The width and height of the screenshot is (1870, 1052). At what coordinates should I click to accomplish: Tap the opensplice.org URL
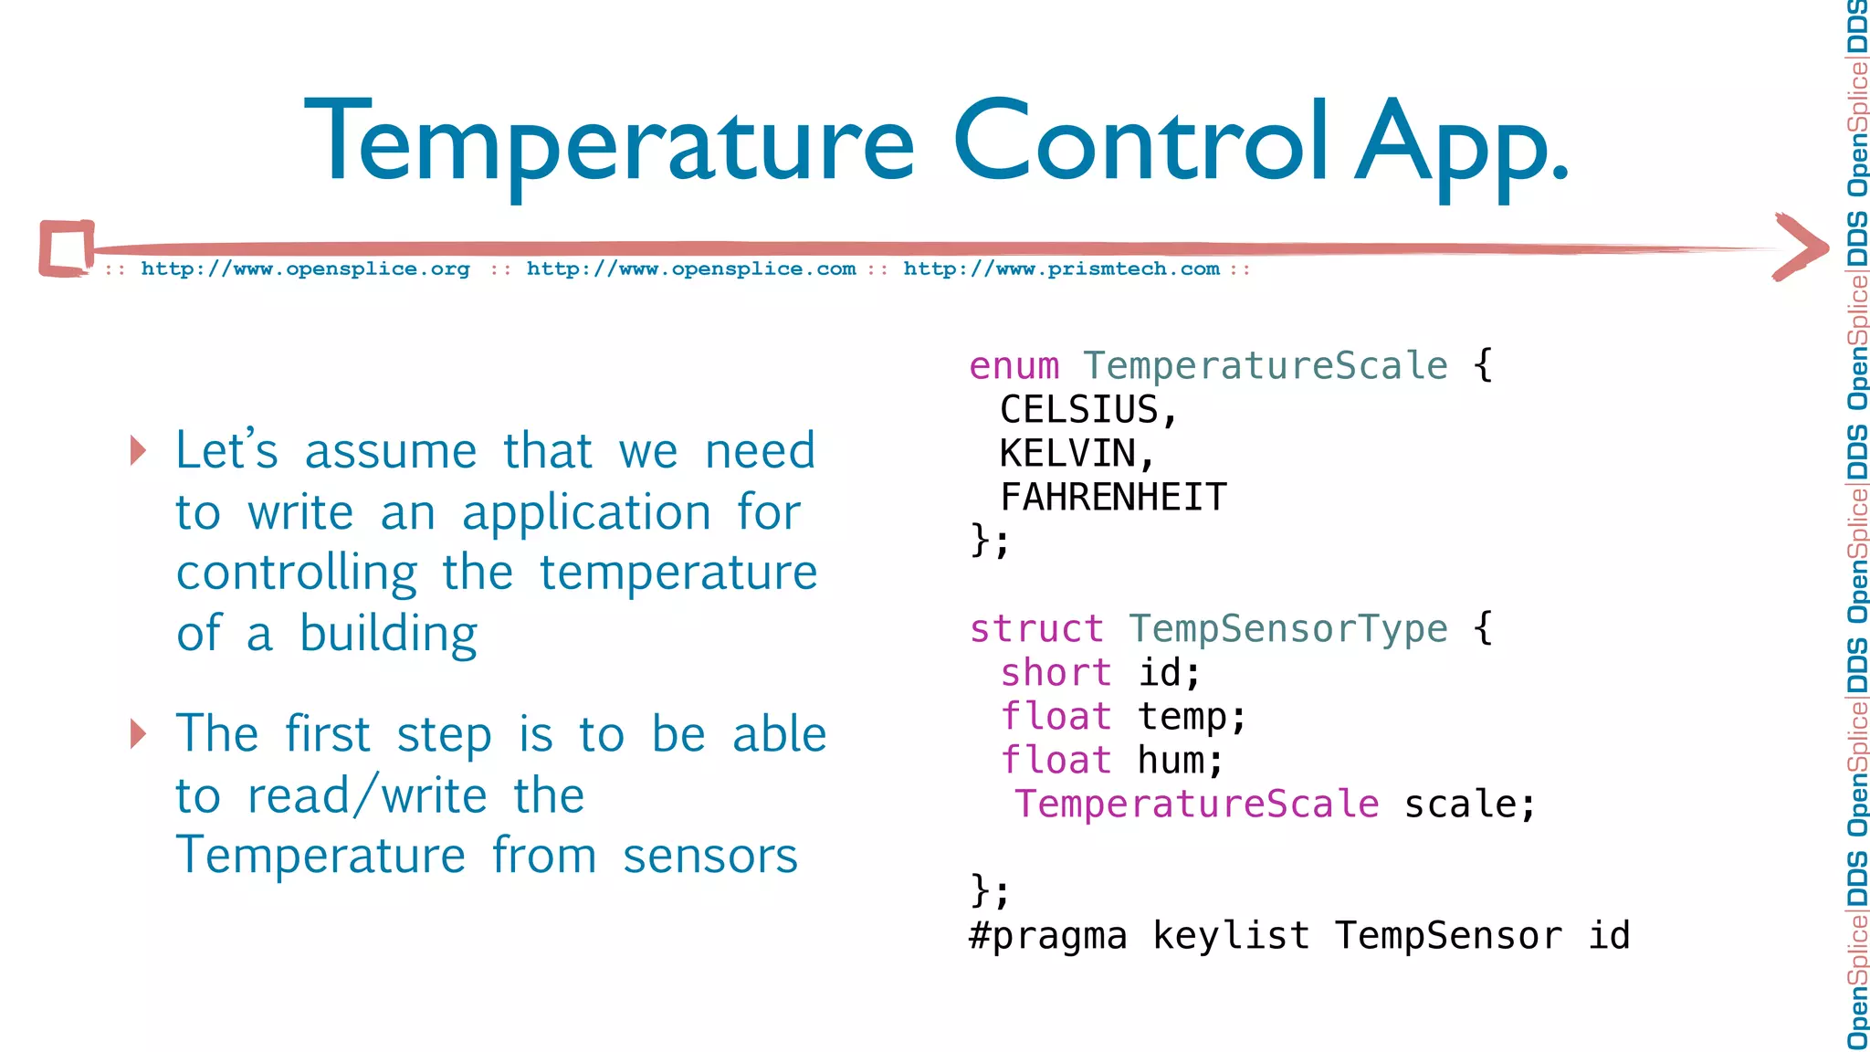tap(305, 269)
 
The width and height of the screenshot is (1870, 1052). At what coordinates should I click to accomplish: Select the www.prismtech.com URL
tap(1061, 269)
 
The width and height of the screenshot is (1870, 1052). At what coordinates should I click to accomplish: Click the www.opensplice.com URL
tap(691, 269)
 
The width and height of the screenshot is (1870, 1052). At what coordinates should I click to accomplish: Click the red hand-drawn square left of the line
tap(67, 247)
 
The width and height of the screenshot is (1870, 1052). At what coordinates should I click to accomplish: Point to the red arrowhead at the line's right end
tap(1801, 247)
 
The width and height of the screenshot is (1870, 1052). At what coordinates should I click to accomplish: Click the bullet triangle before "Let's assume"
tap(138, 450)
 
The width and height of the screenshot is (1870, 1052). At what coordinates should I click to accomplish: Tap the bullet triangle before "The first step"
tap(138, 733)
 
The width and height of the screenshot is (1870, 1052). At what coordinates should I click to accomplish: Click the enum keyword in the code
tap(1014, 366)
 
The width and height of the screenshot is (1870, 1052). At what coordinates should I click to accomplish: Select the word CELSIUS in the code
tap(1079, 410)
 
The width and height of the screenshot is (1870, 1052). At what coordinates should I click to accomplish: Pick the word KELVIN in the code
tap(1067, 454)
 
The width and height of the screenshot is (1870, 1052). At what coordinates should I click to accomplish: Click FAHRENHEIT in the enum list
tap(1113, 498)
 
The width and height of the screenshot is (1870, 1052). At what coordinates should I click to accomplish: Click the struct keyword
tap(1036, 629)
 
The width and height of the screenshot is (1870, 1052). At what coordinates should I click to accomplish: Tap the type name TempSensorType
tap(1287, 629)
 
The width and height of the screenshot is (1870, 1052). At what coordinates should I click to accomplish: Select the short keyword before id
tap(1056, 673)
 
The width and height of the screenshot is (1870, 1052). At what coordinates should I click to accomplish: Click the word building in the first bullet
tap(388, 634)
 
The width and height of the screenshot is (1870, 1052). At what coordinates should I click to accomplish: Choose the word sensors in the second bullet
tap(709, 857)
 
